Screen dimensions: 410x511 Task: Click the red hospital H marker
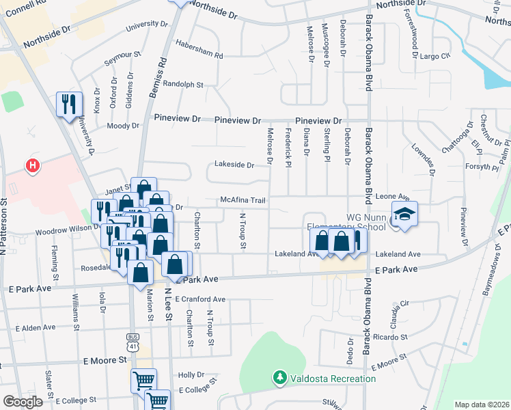(x=31, y=165)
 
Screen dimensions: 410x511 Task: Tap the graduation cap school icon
(x=405, y=214)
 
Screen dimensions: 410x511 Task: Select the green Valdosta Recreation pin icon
(x=279, y=377)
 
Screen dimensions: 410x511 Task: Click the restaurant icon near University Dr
(x=69, y=104)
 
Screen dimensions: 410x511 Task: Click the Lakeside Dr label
(x=234, y=165)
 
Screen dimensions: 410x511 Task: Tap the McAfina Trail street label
(x=242, y=200)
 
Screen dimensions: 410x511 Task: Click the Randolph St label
(x=181, y=85)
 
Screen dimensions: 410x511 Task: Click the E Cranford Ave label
(x=200, y=299)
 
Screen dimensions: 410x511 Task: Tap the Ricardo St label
(x=390, y=337)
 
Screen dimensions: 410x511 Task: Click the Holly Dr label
(x=191, y=375)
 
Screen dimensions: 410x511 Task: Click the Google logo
(x=23, y=401)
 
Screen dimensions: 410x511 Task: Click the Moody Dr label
(x=123, y=126)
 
